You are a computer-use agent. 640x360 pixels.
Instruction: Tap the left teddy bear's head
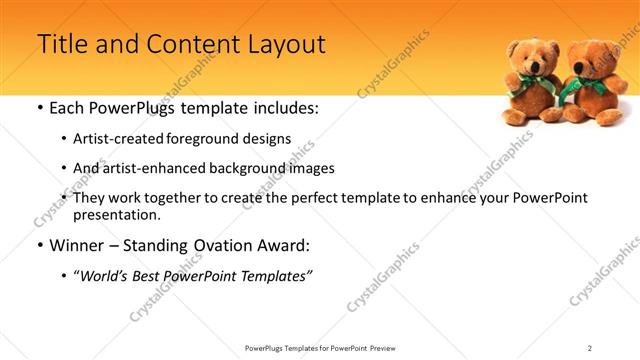click(528, 55)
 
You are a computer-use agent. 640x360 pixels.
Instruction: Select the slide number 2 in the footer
click(590, 348)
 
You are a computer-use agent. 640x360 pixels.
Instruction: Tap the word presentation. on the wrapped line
click(116, 214)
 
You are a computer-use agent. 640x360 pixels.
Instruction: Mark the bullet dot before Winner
click(39, 245)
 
